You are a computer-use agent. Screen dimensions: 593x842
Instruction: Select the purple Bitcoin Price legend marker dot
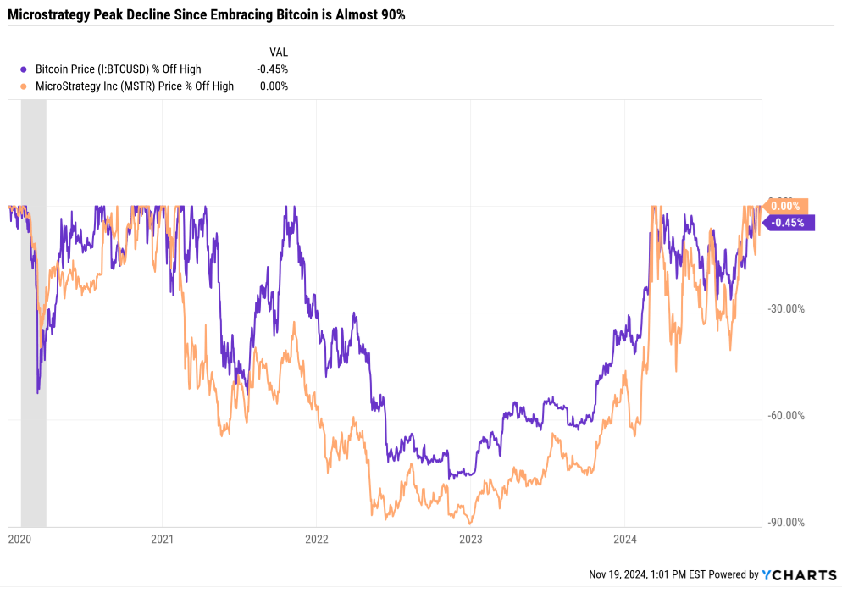26,69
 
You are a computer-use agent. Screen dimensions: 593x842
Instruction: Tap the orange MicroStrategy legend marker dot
26,86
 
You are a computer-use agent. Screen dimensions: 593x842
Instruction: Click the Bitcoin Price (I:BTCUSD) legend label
119,69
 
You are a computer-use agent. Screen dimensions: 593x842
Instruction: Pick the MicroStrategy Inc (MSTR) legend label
135,86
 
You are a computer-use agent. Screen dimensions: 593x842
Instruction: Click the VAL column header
279,53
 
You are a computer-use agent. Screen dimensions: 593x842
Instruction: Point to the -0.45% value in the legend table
274,69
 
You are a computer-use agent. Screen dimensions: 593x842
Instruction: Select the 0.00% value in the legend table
275,86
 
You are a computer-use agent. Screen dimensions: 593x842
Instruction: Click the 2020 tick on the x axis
19,539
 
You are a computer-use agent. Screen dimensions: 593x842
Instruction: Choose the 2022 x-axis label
316,539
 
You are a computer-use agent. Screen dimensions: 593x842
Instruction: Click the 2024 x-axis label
623,539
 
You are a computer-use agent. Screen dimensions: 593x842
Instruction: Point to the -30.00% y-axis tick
786,309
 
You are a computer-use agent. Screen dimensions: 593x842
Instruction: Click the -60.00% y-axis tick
786,416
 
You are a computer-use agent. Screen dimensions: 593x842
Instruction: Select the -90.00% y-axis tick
786,523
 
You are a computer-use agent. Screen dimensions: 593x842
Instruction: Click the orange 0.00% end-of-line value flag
787,206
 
